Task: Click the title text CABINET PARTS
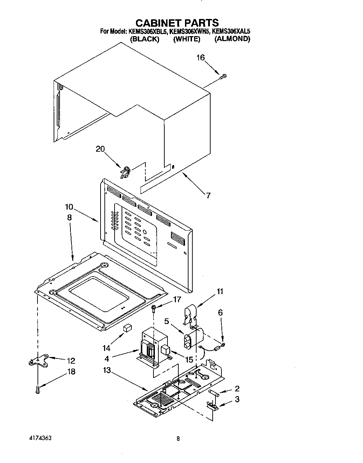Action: (x=177, y=23)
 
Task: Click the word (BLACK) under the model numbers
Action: (x=144, y=39)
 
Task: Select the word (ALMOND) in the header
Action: (x=232, y=39)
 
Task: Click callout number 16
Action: (x=200, y=58)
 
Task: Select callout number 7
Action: (x=208, y=196)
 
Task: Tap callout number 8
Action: (x=69, y=218)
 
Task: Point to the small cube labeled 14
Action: (x=127, y=328)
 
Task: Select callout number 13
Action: (x=107, y=371)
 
